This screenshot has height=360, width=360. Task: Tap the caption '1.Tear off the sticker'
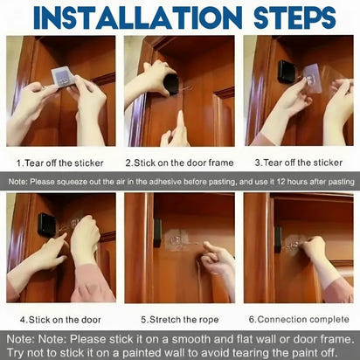coord(59,162)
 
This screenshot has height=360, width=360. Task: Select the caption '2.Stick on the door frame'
coord(179,162)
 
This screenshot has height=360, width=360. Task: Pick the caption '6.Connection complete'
coord(299,320)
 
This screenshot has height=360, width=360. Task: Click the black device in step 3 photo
coord(286,73)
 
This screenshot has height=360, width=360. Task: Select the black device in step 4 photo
coord(46,225)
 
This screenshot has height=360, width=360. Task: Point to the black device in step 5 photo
coord(157,232)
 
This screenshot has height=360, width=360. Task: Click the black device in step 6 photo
coord(277,239)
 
